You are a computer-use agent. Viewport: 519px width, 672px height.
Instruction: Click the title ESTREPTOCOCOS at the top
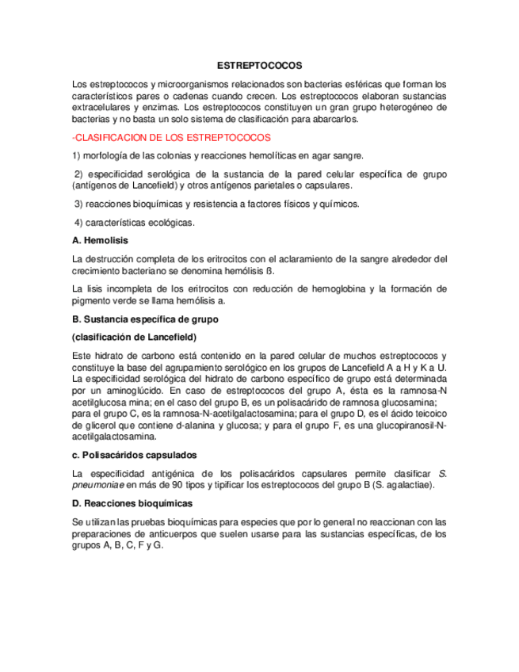[x=259, y=67]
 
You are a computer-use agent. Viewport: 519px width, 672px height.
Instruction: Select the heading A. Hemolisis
[x=100, y=239]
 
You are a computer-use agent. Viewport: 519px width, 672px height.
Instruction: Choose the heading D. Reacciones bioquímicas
[x=132, y=503]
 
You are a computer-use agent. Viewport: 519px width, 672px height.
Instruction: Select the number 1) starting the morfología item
[x=76, y=155]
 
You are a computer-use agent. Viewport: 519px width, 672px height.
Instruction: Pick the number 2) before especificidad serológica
[x=78, y=174]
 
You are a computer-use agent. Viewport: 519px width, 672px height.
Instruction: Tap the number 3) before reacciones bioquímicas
[x=78, y=204]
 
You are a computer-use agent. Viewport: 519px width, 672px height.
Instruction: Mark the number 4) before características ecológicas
[x=78, y=223]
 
